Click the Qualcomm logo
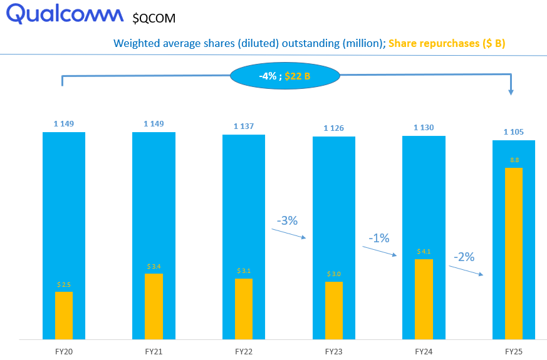click(x=65, y=14)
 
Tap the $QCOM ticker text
click(x=154, y=18)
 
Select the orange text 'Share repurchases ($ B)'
click(x=447, y=44)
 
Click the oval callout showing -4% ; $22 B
click(x=285, y=76)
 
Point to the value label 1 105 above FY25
click(x=514, y=131)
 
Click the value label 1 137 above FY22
click(x=244, y=126)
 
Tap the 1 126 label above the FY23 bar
click(x=334, y=128)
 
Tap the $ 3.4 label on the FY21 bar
click(x=154, y=267)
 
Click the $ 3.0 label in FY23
click(x=334, y=274)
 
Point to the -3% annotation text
click(x=286, y=220)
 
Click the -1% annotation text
click(x=378, y=238)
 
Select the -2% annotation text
click(x=464, y=257)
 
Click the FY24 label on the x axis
click(x=424, y=352)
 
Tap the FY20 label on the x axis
click(x=64, y=352)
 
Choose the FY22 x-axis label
click(x=244, y=352)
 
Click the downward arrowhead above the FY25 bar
click(x=511, y=91)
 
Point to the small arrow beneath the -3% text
click(x=289, y=234)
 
